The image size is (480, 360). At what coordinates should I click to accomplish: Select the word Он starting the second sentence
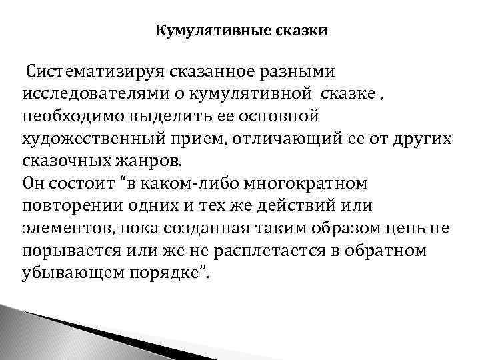pos(33,184)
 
